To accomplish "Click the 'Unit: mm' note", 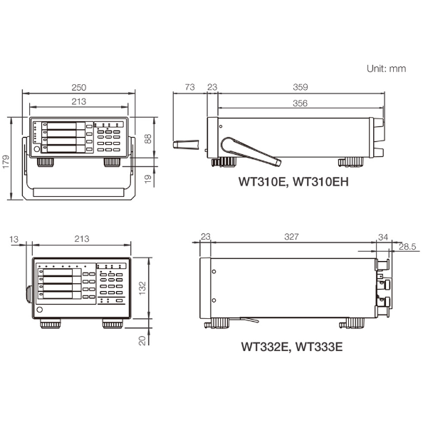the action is [x=386, y=69].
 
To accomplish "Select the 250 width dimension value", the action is [x=79, y=88].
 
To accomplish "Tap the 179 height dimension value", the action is [x=6, y=162].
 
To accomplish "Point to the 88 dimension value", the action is [x=148, y=138].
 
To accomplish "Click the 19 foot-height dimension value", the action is [x=148, y=178].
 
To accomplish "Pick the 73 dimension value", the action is [x=189, y=87].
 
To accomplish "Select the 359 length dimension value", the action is [x=301, y=87].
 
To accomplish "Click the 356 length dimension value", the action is [x=301, y=103].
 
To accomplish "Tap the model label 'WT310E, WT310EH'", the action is [x=293, y=181].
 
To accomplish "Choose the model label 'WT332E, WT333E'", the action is [x=292, y=346].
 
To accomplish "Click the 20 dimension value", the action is [x=142, y=340].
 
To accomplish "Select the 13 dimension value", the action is [x=14, y=239].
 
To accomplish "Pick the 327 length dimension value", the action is [x=292, y=237].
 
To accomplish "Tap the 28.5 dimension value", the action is [x=407, y=246].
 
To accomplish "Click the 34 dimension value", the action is [x=383, y=237].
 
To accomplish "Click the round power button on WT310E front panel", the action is [x=37, y=149].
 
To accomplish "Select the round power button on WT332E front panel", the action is [x=40, y=310].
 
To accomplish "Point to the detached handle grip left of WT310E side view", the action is [x=186, y=144].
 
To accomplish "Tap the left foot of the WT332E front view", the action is [x=51, y=324].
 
